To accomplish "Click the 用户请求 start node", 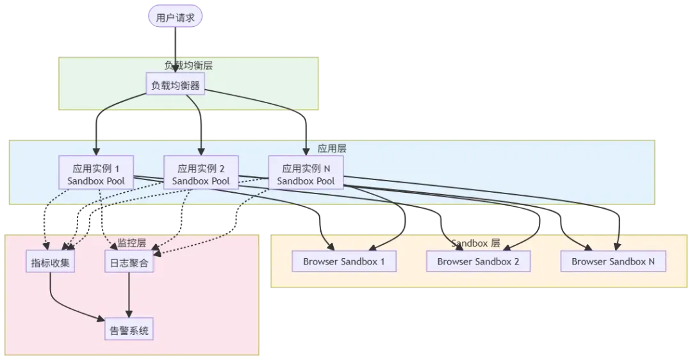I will (176, 17).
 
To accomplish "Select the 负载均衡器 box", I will (176, 85).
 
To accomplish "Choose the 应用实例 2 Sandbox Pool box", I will (201, 174).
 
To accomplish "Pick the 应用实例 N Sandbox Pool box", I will (306, 174).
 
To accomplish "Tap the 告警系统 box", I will (130, 331).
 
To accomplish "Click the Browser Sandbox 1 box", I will (344, 261).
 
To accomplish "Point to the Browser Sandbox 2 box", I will (478, 261).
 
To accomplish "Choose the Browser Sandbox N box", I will (613, 261).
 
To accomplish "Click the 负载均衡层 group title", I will (189, 65).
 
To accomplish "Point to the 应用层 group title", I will (333, 148).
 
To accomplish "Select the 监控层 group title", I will (131, 243).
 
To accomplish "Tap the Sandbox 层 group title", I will (475, 243).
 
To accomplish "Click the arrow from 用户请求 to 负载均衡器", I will (176, 48).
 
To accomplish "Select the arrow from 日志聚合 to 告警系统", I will (130, 295).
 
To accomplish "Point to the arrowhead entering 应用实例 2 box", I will (201, 152).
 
